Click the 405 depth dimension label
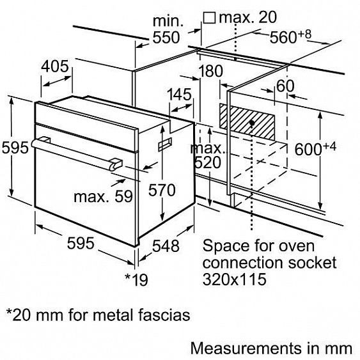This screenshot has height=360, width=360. point(55,67)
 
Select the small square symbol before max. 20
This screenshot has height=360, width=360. point(209,18)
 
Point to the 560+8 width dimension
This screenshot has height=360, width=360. point(290,36)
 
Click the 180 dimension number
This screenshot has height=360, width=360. point(211,71)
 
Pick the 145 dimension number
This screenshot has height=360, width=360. point(179,95)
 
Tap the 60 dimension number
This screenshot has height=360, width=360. point(285,86)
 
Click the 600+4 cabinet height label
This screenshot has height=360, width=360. point(315,148)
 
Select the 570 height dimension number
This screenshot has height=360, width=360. point(162,190)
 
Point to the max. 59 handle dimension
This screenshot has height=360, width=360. point(104,196)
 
